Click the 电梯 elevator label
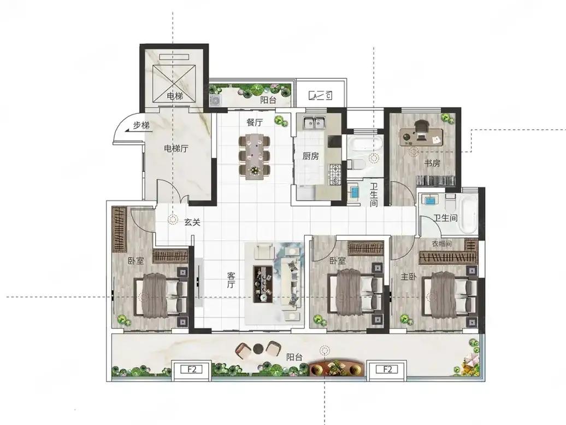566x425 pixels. [x=175, y=96]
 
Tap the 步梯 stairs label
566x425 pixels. [x=141, y=126]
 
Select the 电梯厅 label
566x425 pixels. [x=176, y=149]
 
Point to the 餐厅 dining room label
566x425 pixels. [x=255, y=123]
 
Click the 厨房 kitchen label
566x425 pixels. [x=310, y=156]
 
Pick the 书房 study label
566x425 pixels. [x=432, y=164]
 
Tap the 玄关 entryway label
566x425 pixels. [x=192, y=223]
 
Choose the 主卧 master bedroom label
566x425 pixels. [x=409, y=277]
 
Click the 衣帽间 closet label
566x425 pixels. [x=442, y=244]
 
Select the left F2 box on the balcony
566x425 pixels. [x=192, y=369]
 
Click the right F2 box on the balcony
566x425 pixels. [x=387, y=369]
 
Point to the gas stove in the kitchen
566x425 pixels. [x=334, y=174]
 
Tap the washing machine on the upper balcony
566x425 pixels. [x=216, y=101]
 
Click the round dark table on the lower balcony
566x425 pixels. [x=258, y=348]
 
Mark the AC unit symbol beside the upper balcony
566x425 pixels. [x=320, y=96]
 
